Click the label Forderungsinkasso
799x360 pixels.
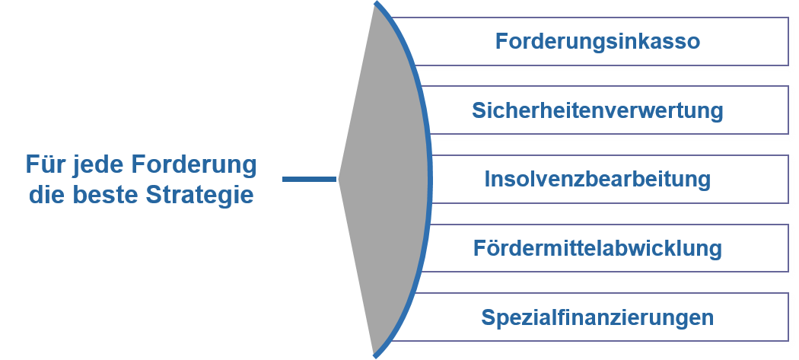pyautogui.click(x=597, y=41)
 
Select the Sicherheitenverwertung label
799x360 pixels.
pyautogui.click(x=597, y=110)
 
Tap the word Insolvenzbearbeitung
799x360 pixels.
pyautogui.click(x=597, y=179)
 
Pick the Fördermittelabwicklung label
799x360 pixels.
pyautogui.click(x=597, y=248)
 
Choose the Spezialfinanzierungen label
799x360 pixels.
pyautogui.click(x=597, y=317)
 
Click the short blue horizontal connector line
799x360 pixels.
pyautogui.click(x=309, y=179)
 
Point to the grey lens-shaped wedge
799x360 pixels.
pyautogui.click(x=387, y=179)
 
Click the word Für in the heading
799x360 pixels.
pyautogui.click(x=45, y=164)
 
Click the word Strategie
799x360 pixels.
pyautogui.click(x=199, y=196)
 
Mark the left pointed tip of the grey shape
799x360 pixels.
pyautogui.click(x=339, y=179)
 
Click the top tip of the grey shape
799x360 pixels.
pyautogui.click(x=376, y=3)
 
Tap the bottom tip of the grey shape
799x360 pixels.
pyautogui.click(x=375, y=356)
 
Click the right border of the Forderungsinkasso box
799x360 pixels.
pyautogui.click(x=788, y=41)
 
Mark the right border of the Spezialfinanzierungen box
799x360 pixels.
pyautogui.click(x=788, y=317)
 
